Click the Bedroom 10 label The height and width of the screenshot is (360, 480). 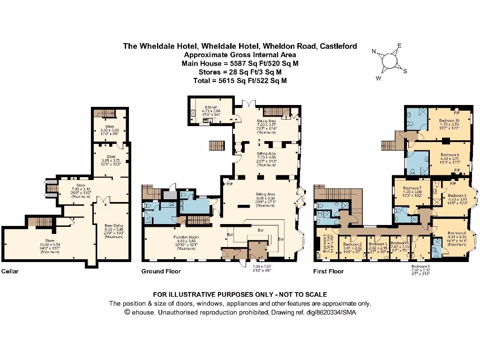click(449, 120)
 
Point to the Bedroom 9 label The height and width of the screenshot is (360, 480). click(449, 155)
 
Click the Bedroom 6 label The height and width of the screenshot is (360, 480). click(457, 233)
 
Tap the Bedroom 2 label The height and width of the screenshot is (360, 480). click(352, 244)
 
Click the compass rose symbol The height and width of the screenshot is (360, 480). click(390, 61)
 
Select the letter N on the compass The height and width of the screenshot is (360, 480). click(374, 52)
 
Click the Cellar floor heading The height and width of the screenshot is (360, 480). click(10, 271)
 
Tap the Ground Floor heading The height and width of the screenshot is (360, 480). click(161, 271)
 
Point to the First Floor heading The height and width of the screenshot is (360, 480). click(328, 271)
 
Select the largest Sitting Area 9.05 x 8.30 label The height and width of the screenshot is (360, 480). click(265, 194)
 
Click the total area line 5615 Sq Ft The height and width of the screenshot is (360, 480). click(240, 81)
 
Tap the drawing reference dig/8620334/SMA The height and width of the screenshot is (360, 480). click(327, 312)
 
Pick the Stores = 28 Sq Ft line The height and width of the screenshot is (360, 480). click(240, 72)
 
